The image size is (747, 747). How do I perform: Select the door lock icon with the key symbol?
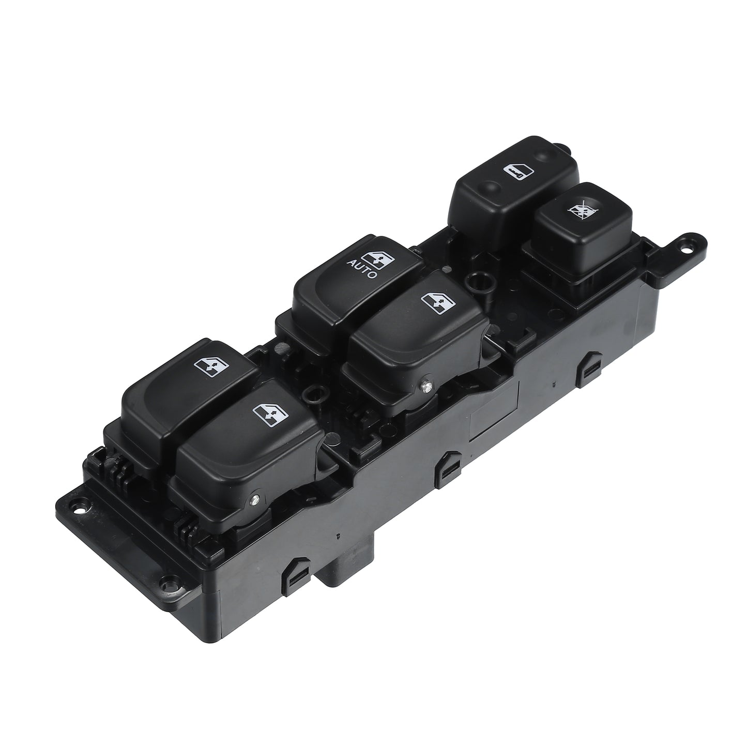coord(519,171)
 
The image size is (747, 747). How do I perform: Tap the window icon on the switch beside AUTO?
coord(438,301)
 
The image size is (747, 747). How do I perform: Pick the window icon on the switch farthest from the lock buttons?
coord(211,367)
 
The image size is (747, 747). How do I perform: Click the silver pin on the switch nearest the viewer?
coord(255,500)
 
